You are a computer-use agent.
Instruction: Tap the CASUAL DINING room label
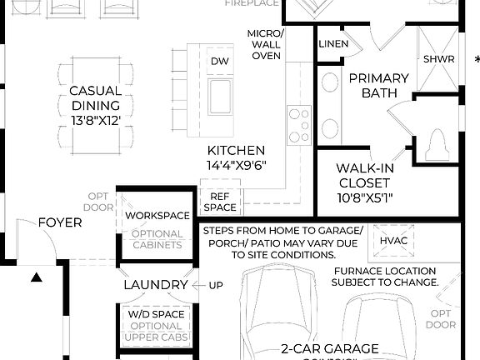(95, 106)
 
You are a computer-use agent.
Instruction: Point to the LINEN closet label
(333, 43)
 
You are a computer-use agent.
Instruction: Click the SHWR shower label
(438, 60)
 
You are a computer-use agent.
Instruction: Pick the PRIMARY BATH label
(379, 86)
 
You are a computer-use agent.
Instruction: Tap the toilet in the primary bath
(436, 146)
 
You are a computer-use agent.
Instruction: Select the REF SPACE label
(220, 202)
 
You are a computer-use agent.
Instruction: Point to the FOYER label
(60, 222)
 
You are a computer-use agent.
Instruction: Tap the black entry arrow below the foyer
(36, 278)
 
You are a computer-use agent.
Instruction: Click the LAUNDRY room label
(156, 285)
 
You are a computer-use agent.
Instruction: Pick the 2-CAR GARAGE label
(330, 348)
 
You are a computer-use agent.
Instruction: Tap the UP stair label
(216, 286)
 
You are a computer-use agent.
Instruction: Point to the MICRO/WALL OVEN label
(266, 44)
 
